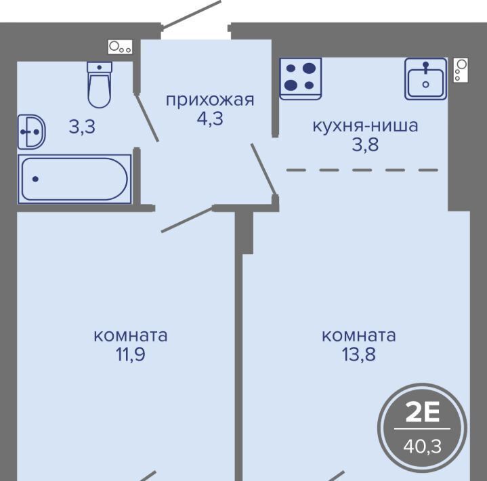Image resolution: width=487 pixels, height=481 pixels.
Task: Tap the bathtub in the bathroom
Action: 75,179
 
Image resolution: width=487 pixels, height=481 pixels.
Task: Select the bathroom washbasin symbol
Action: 31,131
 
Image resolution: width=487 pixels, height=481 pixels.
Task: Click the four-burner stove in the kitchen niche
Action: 300,79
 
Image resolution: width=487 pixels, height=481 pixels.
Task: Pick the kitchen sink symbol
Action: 426,79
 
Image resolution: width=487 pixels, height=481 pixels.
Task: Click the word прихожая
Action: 210,100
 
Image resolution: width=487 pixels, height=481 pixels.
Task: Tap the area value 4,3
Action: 210,119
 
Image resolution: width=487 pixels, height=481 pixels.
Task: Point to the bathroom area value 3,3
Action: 82,127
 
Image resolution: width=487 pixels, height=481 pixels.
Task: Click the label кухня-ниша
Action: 365,126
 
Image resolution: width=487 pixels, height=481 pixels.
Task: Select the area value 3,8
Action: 365,144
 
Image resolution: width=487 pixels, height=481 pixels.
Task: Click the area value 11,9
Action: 131,354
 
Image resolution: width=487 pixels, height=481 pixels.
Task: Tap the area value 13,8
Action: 359,354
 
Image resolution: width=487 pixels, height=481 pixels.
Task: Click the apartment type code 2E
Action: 423,413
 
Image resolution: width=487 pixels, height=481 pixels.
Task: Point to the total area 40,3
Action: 423,446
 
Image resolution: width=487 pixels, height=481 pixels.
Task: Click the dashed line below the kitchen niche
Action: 362,170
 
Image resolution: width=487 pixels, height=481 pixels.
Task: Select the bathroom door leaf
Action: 147,117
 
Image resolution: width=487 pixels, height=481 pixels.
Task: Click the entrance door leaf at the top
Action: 191,14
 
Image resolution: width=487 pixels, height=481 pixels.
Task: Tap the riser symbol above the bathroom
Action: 121,47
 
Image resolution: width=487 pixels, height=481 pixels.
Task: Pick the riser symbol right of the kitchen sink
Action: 461,70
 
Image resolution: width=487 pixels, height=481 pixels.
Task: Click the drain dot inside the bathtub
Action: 35,179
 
